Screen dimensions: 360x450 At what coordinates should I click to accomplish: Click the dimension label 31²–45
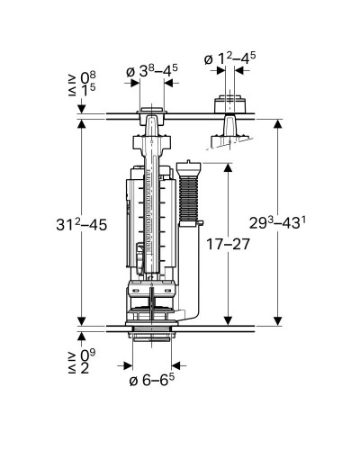point(81,224)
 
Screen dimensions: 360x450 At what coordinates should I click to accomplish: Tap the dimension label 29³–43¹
point(278,223)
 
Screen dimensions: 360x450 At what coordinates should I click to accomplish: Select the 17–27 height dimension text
point(228,245)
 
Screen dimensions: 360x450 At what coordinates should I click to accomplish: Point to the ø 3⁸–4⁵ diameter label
point(152,71)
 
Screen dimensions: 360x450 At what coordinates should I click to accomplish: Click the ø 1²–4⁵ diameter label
point(229,58)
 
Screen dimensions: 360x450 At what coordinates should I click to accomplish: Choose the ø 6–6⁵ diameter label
point(152,380)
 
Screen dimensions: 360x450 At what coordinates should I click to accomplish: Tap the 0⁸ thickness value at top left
point(87,77)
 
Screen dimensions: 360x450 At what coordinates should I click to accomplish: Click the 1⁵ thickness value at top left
point(88,90)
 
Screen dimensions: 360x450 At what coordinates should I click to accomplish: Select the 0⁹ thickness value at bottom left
point(87,355)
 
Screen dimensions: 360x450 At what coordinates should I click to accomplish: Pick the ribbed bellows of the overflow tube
point(188,199)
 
